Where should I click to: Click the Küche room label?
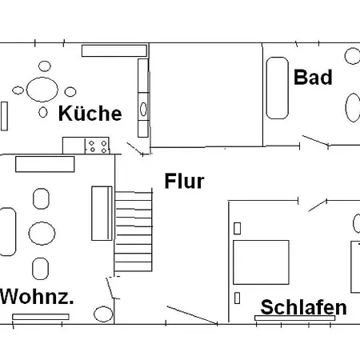(90, 114)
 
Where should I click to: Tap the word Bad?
(313, 78)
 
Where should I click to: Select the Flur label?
(184, 181)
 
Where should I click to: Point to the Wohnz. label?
(37, 296)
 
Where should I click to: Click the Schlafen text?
(303, 307)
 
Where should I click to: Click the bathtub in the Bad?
(278, 88)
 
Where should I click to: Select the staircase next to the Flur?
(134, 231)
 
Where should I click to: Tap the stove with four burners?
(98, 146)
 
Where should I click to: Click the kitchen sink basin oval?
(143, 109)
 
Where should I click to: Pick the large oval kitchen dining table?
(42, 90)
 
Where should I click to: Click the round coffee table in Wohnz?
(42, 234)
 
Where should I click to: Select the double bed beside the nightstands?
(261, 262)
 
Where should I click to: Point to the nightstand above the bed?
(237, 229)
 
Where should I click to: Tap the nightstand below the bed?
(237, 298)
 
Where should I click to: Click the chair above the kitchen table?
(45, 66)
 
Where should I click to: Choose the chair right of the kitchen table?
(70, 92)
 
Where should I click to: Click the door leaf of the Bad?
(315, 141)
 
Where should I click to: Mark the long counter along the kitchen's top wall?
(114, 50)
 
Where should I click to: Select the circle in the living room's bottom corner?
(103, 314)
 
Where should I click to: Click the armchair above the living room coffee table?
(41, 198)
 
